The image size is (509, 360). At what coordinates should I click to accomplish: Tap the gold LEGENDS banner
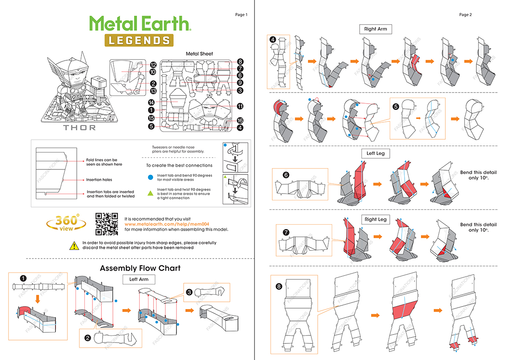pos(139,40)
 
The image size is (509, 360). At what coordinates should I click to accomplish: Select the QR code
pos(106,224)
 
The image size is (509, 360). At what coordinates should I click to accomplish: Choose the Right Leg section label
pos(375,219)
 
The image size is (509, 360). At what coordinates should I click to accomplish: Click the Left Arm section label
pos(139,279)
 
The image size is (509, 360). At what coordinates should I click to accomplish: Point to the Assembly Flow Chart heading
pos(140,268)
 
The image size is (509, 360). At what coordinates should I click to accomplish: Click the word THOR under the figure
pos(79,127)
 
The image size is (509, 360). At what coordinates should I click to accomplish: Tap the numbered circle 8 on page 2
pos(279,287)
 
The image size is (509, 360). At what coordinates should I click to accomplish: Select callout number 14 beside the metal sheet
pos(151,102)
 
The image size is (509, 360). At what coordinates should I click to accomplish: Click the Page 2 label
pos(465,15)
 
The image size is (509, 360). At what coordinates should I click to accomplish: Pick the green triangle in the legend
pos(150,193)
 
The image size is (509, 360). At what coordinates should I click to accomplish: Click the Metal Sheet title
pos(199,54)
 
